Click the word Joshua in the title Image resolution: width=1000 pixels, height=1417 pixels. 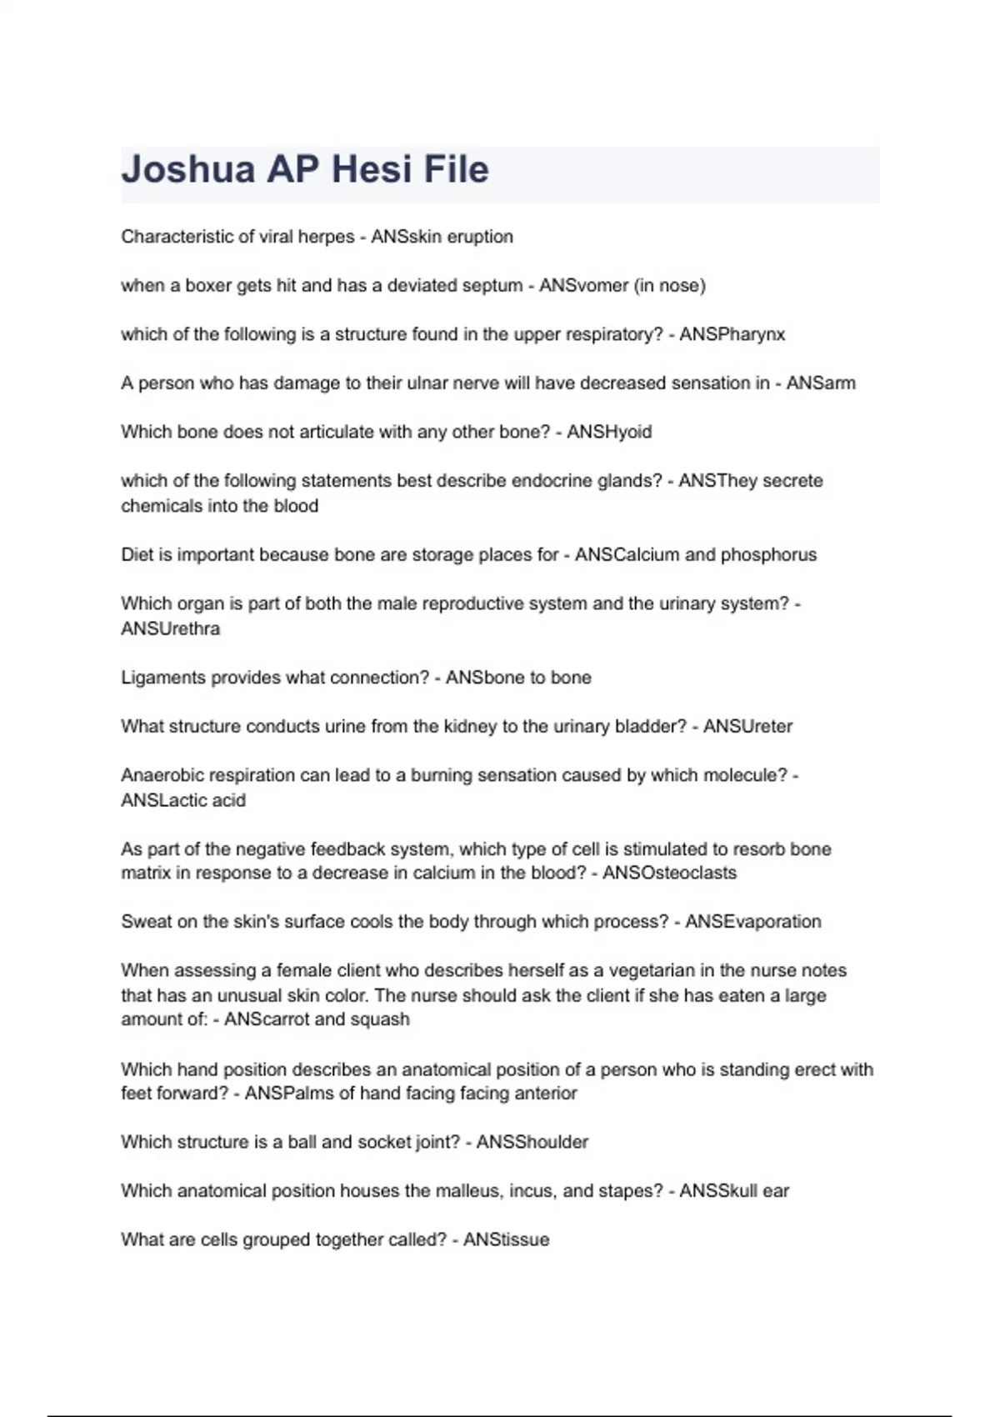(x=188, y=170)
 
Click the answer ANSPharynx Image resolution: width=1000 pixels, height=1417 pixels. (x=732, y=334)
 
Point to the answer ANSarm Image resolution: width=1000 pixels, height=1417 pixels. (x=821, y=383)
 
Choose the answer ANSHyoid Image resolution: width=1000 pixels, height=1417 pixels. (x=609, y=432)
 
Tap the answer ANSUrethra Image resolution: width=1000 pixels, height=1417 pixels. (x=171, y=629)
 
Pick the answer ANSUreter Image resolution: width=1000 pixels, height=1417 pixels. (x=747, y=727)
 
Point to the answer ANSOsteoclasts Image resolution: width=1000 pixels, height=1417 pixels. (x=669, y=873)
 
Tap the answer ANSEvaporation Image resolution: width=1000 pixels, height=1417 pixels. (x=753, y=922)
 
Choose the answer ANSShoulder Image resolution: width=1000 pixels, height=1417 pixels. (x=532, y=1142)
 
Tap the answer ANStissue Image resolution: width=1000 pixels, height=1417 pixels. (x=506, y=1240)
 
